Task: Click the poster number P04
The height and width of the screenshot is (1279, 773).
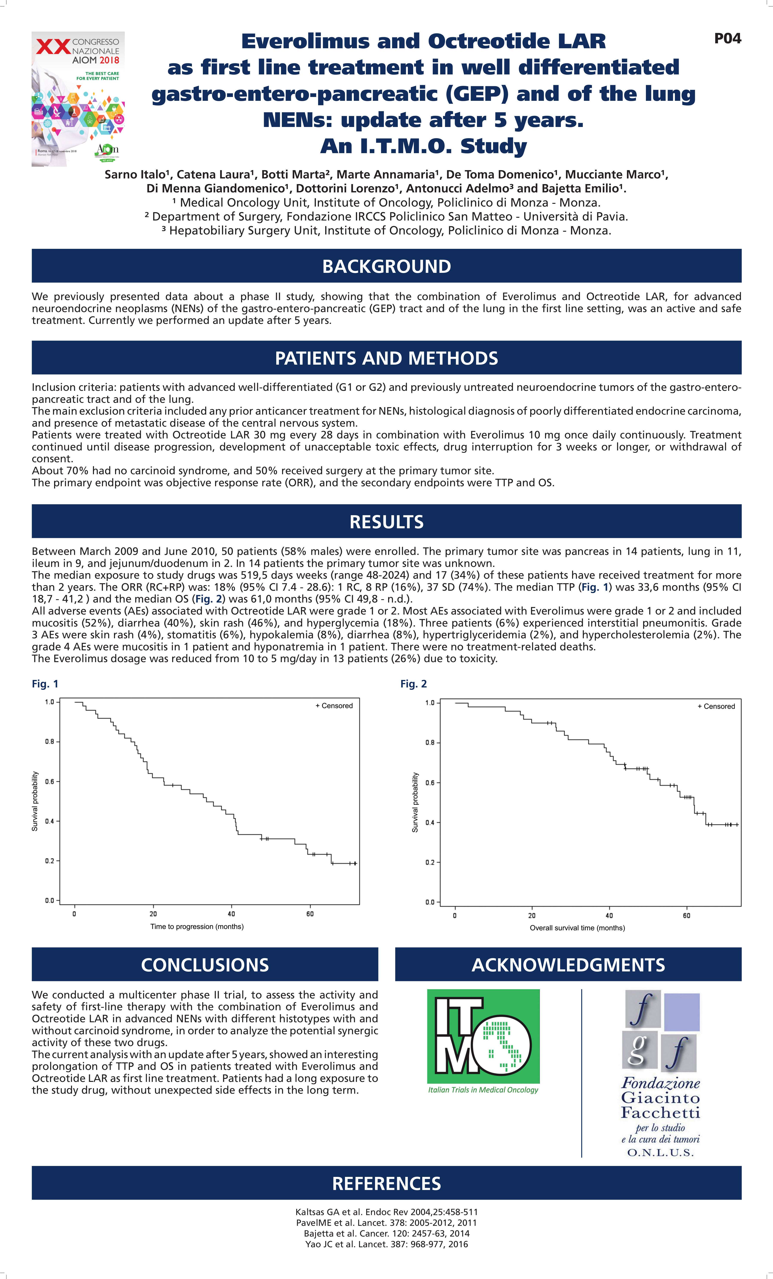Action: pyautogui.click(x=727, y=38)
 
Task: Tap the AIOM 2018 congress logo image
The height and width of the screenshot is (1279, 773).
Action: pyautogui.click(x=78, y=99)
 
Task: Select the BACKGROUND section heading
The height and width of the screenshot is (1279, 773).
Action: pyautogui.click(x=386, y=266)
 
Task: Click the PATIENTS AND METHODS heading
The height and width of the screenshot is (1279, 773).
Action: pyautogui.click(x=386, y=358)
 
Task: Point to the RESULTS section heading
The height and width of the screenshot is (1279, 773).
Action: pyautogui.click(x=386, y=522)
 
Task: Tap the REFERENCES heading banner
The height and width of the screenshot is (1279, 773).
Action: pyautogui.click(x=386, y=1184)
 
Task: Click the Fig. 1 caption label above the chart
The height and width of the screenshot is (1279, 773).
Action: pyautogui.click(x=45, y=684)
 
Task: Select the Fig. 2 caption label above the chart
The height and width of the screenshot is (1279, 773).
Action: pyautogui.click(x=413, y=684)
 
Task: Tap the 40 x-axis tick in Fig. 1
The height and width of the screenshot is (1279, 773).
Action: pyautogui.click(x=231, y=914)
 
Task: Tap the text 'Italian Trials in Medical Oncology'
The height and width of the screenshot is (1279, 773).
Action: pyautogui.click(x=483, y=1090)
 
